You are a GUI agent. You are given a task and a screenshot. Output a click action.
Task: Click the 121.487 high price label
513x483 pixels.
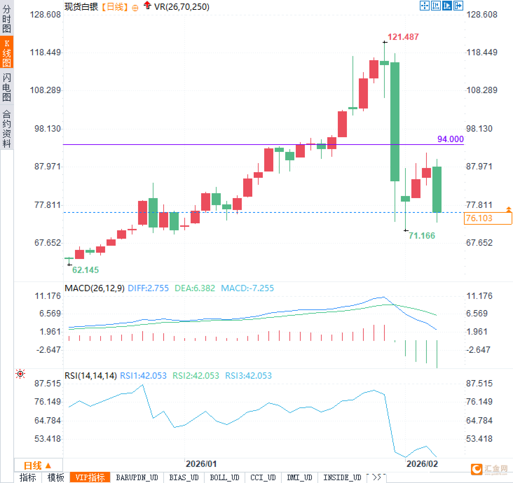click(403, 37)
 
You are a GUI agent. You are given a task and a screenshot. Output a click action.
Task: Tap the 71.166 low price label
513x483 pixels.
click(422, 236)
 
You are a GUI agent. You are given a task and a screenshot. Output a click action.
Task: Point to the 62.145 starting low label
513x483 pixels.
click(85, 270)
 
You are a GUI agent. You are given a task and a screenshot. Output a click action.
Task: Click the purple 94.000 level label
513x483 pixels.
click(450, 139)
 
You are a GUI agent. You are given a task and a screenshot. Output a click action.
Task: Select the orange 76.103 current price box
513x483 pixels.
click(488, 218)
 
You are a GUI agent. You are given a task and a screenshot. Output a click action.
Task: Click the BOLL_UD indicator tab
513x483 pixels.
click(224, 477)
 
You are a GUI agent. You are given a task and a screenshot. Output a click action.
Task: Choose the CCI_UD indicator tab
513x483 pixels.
click(263, 477)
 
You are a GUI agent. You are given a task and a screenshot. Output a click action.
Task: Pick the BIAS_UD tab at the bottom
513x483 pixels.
click(184, 477)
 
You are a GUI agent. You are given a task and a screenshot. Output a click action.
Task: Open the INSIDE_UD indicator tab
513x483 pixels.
click(342, 477)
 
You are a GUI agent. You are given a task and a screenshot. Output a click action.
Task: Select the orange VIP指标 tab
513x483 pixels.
click(90, 477)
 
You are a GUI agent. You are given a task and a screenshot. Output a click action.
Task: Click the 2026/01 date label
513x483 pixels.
click(201, 464)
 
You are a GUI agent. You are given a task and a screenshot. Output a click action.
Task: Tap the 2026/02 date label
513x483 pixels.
click(422, 464)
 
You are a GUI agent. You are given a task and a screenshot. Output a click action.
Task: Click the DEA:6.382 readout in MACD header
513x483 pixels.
click(194, 288)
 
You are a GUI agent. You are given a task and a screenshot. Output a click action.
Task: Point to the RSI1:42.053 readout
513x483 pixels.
click(143, 376)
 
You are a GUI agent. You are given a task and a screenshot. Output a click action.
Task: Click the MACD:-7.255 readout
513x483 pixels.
click(247, 288)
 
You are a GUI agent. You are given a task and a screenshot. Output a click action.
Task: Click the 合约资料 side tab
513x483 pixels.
click(7, 128)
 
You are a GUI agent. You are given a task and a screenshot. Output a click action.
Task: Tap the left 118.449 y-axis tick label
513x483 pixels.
click(45, 52)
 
